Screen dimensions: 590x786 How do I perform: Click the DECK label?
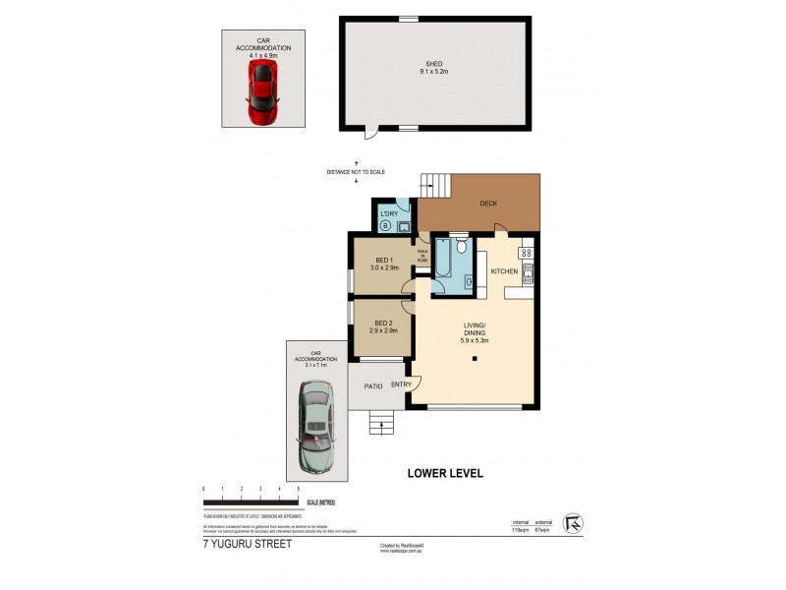488,204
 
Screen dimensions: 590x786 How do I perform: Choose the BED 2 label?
384,325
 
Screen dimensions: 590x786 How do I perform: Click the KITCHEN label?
504,270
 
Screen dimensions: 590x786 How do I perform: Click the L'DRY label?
387,213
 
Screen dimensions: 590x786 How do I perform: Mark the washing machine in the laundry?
385,226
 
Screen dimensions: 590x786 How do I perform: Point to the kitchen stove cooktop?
526,258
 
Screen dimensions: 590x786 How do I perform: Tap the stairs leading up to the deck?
433,185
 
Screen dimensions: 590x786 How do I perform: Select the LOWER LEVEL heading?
445,473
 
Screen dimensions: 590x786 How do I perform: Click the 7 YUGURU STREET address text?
247,543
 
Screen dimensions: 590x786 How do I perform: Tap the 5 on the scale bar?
298,489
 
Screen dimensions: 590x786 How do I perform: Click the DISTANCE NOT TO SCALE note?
356,172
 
